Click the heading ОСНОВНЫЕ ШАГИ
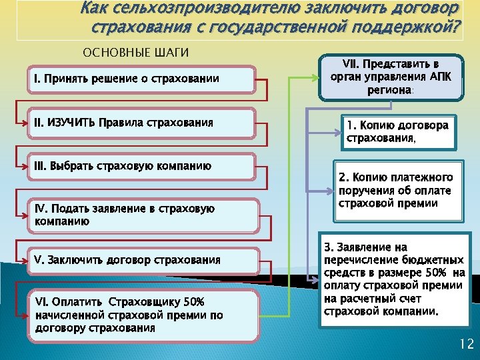point(135,53)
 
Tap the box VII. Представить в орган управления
point(390,77)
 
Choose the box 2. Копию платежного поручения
point(398,191)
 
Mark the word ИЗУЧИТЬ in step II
point(70,123)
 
